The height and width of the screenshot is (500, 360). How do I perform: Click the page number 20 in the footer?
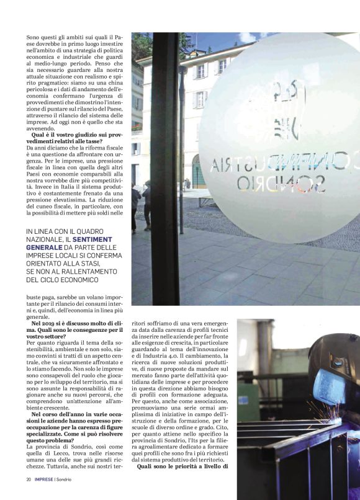pyautogui.click(x=29, y=480)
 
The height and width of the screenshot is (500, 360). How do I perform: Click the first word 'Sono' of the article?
pyautogui.click(x=32, y=38)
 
